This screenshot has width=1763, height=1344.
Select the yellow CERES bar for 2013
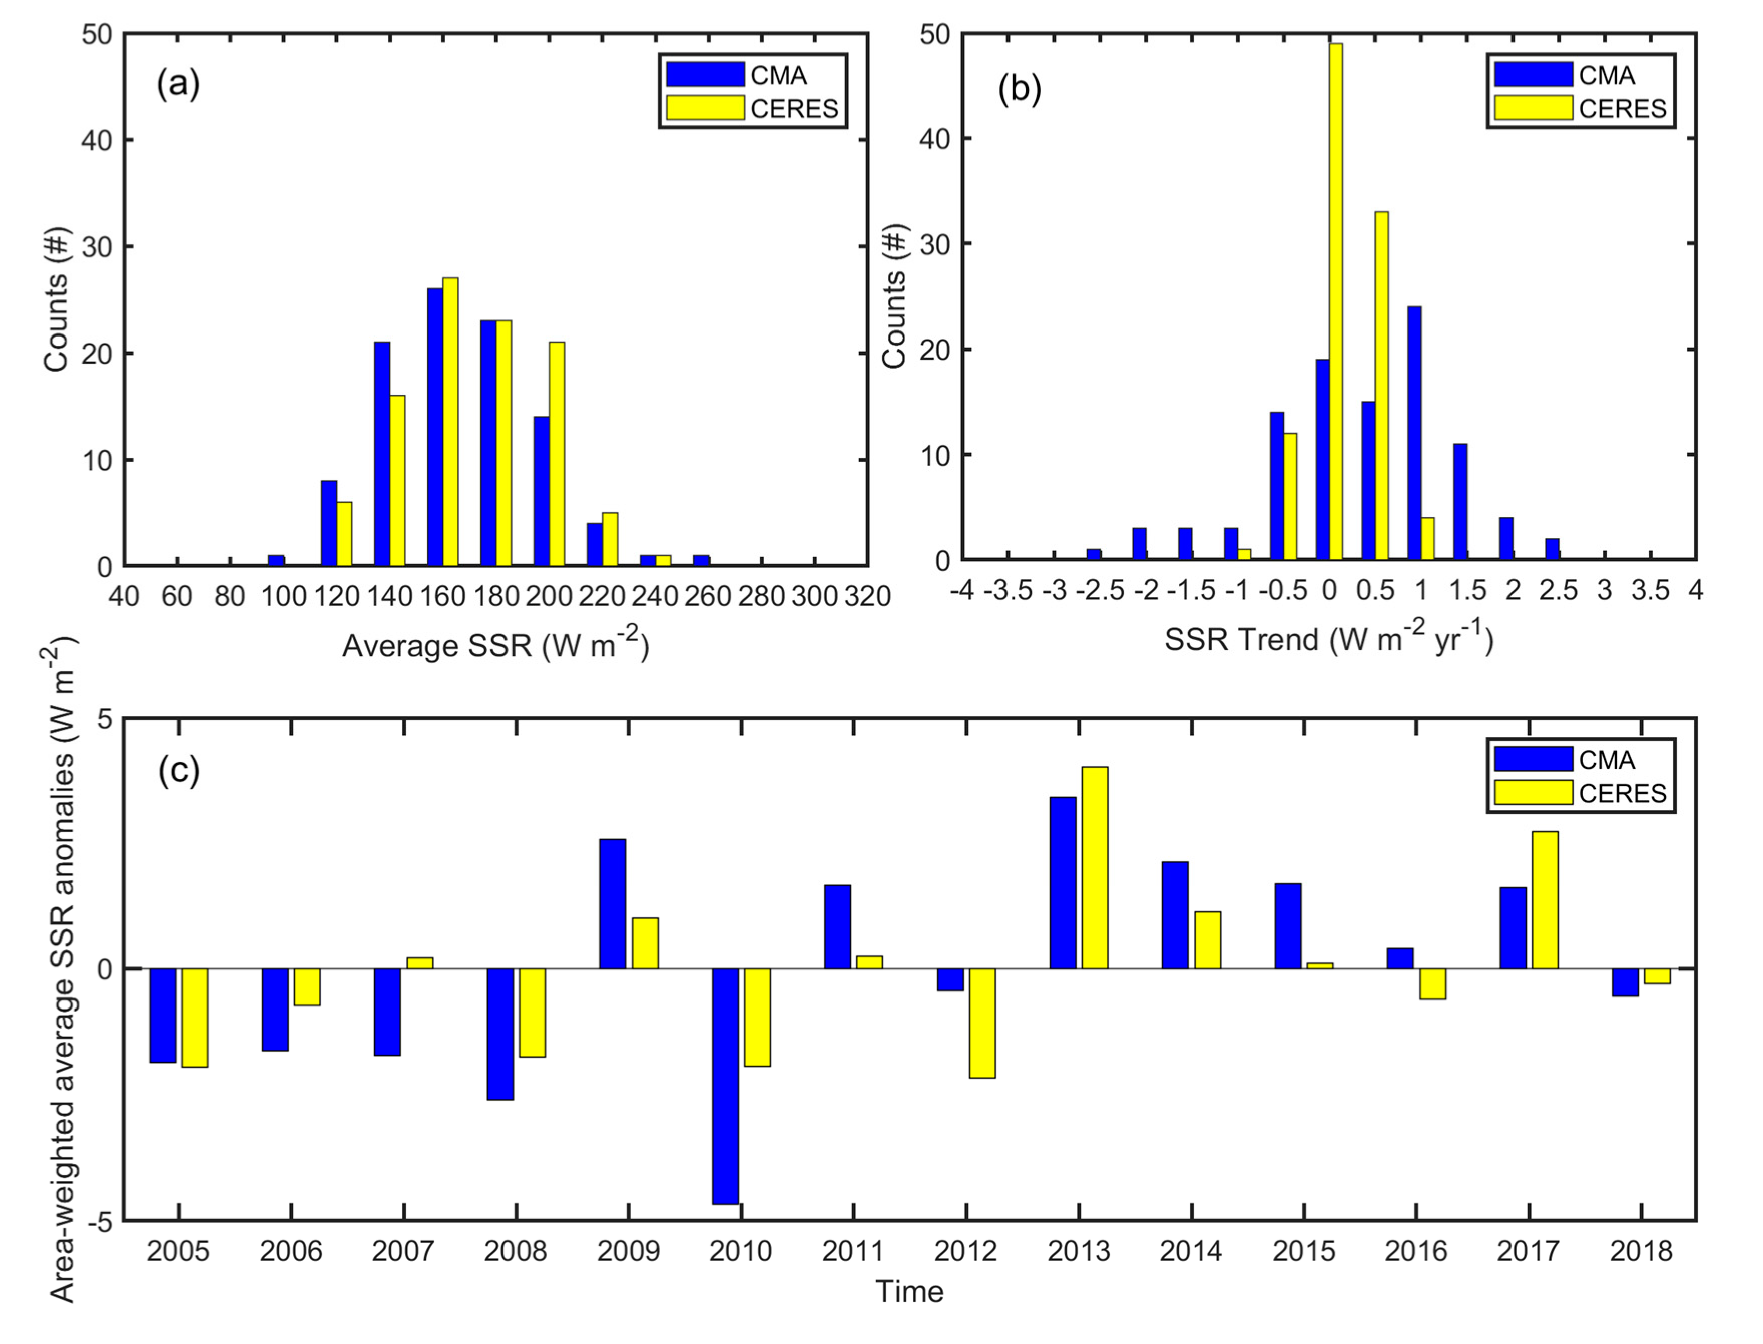1095,868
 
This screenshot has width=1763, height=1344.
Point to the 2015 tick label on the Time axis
1304,1251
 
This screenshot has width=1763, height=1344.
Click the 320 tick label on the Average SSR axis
868,596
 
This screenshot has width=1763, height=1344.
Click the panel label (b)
1020,89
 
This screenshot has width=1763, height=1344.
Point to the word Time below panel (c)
910,1291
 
